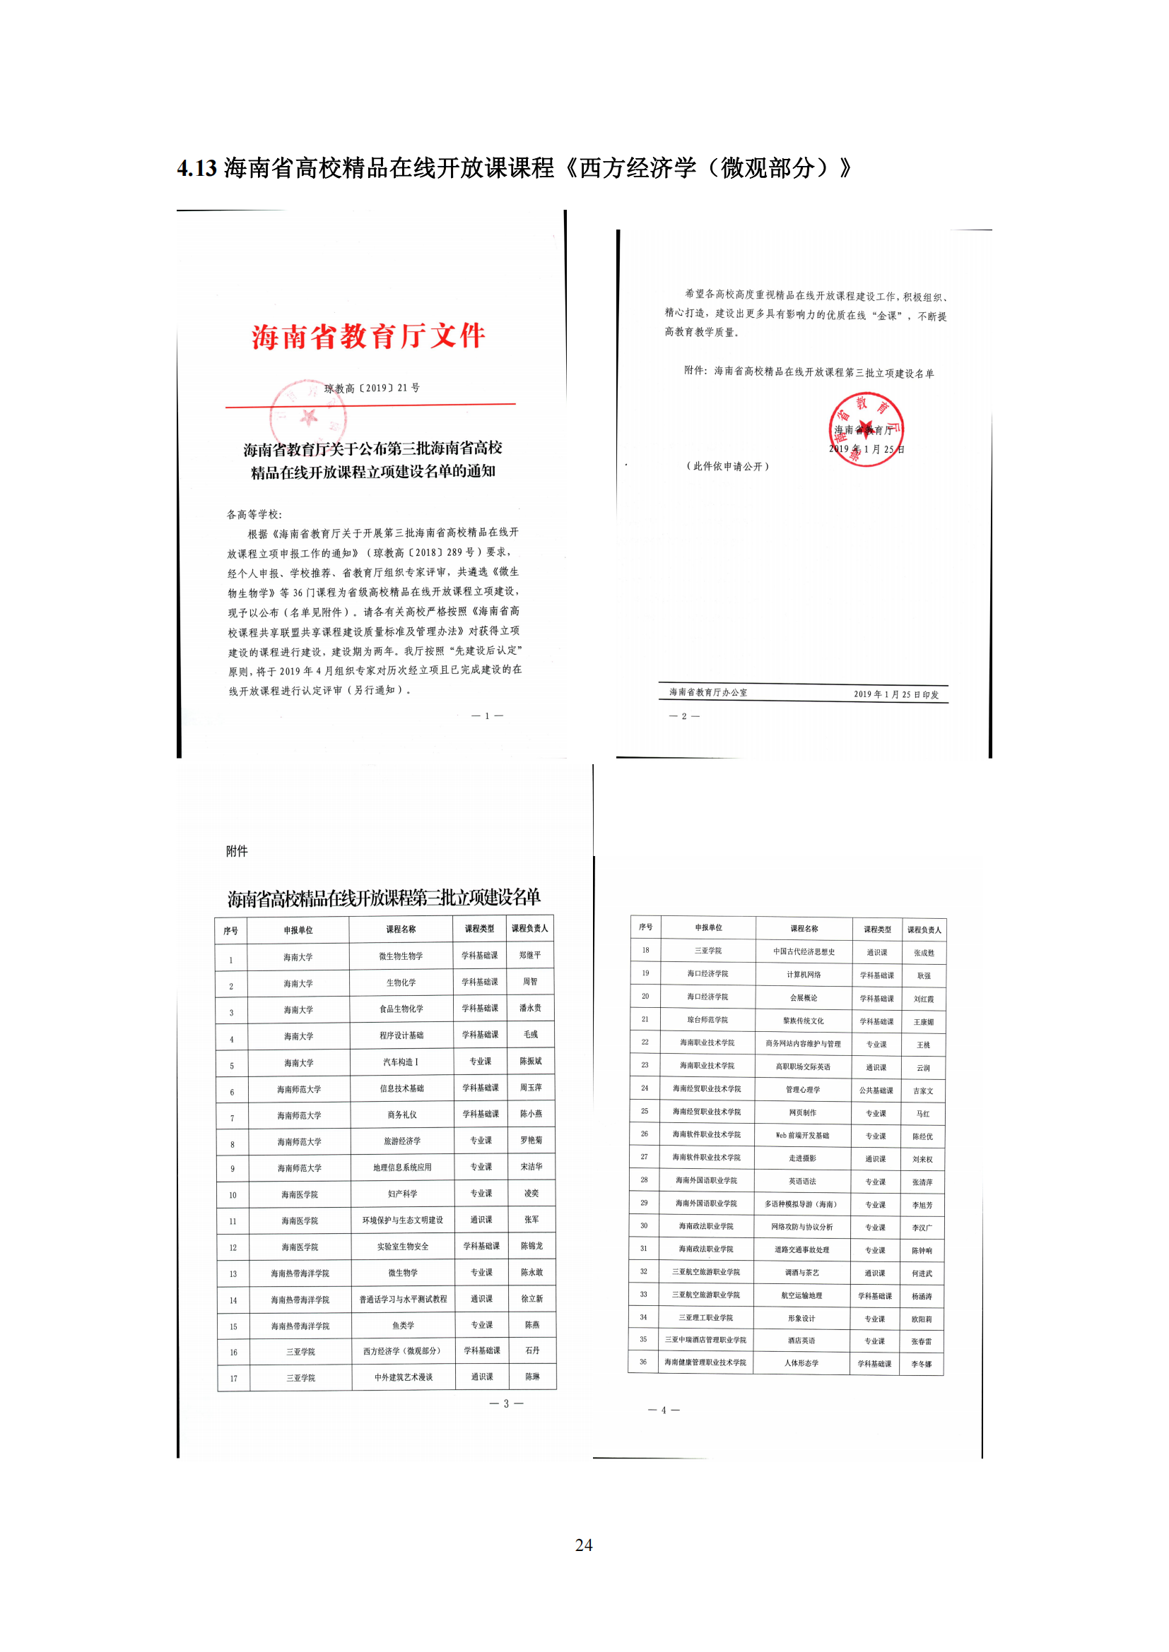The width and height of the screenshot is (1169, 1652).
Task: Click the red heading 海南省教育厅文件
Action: click(x=368, y=336)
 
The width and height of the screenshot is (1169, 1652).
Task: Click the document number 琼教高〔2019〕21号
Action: click(x=372, y=388)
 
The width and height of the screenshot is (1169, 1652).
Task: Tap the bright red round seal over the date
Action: click(x=865, y=429)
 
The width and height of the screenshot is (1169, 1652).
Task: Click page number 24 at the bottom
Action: click(x=584, y=1545)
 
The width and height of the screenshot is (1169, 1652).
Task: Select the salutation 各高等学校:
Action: click(x=255, y=514)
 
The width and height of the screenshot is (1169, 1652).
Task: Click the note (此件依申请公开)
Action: click(x=727, y=466)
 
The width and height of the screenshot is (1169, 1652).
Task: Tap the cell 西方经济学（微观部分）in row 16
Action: click(x=402, y=1350)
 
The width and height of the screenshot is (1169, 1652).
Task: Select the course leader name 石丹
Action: click(x=532, y=1350)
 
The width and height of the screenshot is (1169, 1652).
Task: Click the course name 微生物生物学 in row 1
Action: click(x=401, y=956)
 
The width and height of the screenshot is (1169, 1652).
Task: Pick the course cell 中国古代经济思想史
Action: click(x=804, y=951)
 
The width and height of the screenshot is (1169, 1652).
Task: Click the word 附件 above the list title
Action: click(x=237, y=851)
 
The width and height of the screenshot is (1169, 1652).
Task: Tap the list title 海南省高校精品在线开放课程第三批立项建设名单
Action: click(x=384, y=897)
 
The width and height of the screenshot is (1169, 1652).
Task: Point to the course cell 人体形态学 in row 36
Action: click(x=801, y=1362)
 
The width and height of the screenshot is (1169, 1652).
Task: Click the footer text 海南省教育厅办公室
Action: click(x=708, y=692)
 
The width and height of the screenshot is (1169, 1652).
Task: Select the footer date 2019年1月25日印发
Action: click(x=896, y=694)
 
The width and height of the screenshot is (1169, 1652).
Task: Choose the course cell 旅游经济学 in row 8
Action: click(x=402, y=1141)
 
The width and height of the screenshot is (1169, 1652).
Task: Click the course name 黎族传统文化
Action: click(x=804, y=1021)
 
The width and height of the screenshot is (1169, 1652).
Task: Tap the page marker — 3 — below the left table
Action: click(x=506, y=1403)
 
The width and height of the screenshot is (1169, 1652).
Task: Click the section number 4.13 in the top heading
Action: click(x=196, y=168)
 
